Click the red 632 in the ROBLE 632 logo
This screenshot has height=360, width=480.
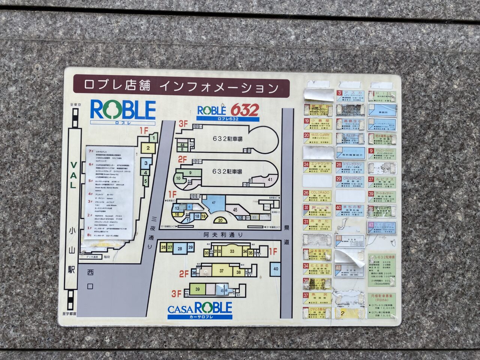coord(244,110)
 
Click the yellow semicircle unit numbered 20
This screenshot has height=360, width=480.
coord(220,220)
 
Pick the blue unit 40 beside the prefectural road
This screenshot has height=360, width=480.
coord(276,269)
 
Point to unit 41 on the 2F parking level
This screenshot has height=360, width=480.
coord(270,180)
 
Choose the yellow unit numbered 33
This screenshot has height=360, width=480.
coord(232,251)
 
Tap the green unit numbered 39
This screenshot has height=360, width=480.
coord(197,289)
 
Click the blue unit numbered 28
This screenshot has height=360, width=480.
coord(180,248)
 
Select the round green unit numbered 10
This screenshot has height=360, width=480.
coord(179,178)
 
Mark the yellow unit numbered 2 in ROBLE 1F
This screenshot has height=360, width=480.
coord(148,148)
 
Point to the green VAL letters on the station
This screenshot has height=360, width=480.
coord(73,175)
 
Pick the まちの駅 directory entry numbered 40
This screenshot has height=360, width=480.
coord(349,210)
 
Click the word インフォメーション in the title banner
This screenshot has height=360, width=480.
coord(219,87)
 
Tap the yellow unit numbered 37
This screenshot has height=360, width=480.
coord(222,271)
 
